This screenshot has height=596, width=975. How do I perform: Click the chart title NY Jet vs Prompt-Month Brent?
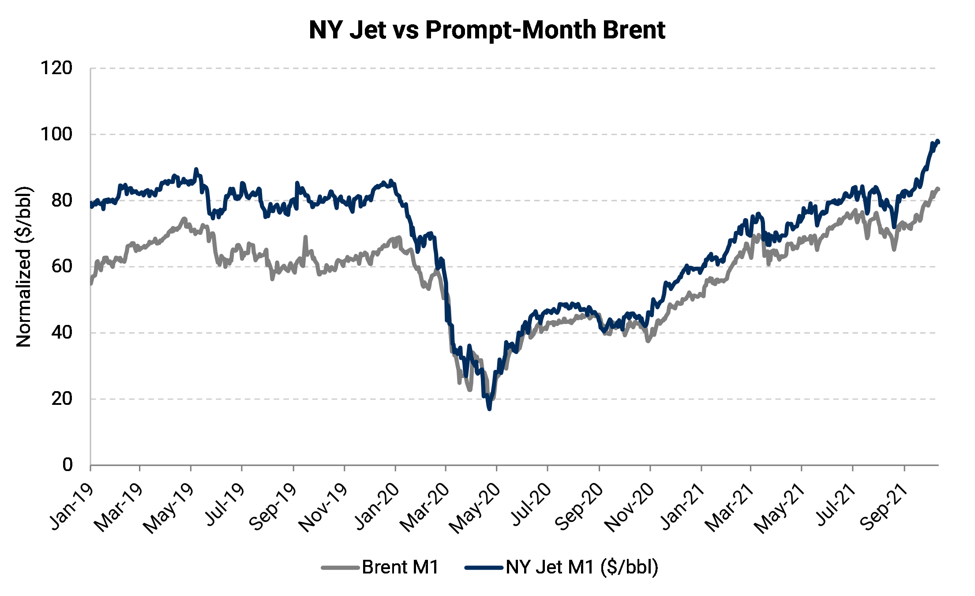[487, 30]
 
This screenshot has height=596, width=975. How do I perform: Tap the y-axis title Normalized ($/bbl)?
[24, 267]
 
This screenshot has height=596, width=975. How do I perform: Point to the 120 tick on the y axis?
[56, 68]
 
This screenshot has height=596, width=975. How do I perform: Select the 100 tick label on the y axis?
[56, 134]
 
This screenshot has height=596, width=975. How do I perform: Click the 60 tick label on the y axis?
[61, 266]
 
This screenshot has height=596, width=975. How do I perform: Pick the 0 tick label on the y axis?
[67, 464]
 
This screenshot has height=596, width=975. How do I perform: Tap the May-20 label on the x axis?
[475, 508]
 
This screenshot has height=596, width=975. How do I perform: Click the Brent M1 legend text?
[400, 567]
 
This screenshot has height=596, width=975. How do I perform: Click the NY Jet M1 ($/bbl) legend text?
[582, 567]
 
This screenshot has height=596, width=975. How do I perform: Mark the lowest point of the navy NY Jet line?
[489, 409]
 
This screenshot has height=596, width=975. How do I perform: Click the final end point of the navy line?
[938, 141]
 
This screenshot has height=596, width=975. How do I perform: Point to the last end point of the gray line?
[938, 189]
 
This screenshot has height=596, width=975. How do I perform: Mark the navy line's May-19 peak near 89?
[196, 169]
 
